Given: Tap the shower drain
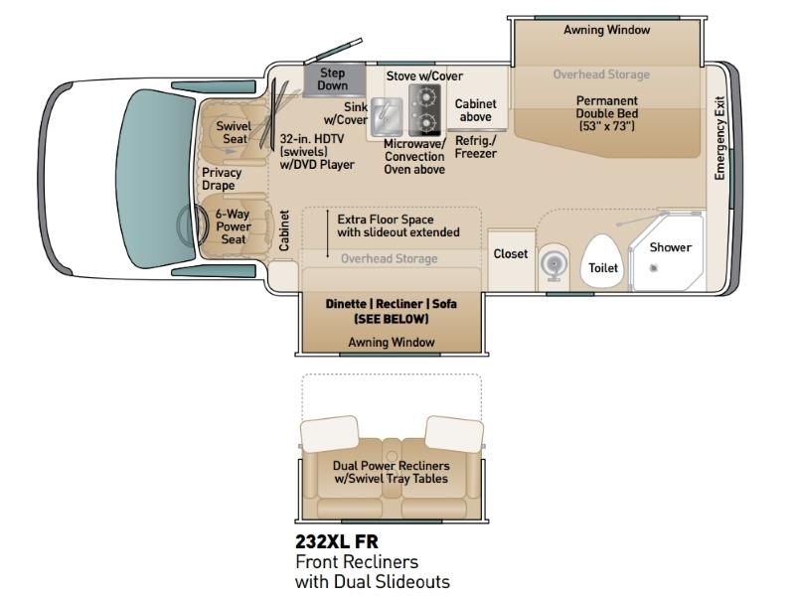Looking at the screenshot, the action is click(x=654, y=267).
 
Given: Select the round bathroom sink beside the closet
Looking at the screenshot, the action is click(x=554, y=263).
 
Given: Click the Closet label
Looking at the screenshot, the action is click(x=511, y=254).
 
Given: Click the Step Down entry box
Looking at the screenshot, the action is click(x=334, y=79).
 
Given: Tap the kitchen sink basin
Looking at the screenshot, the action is click(x=386, y=116).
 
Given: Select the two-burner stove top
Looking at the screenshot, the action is click(x=425, y=110).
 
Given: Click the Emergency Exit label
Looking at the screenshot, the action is click(x=719, y=138).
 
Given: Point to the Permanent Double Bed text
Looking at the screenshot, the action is click(x=607, y=107).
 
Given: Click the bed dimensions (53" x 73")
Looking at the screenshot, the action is click(x=607, y=126).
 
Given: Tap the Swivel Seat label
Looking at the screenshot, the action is click(x=234, y=132).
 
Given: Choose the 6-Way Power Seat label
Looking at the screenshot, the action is click(x=234, y=226).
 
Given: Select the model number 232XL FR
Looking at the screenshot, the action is click(x=337, y=541).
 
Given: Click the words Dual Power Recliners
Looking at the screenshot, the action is click(x=391, y=466).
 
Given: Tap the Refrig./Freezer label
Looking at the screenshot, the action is click(x=476, y=147).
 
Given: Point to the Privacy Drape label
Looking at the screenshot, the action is click(x=222, y=179).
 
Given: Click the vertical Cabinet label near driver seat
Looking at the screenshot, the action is click(x=284, y=230).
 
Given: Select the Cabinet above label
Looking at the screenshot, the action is click(x=476, y=110).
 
